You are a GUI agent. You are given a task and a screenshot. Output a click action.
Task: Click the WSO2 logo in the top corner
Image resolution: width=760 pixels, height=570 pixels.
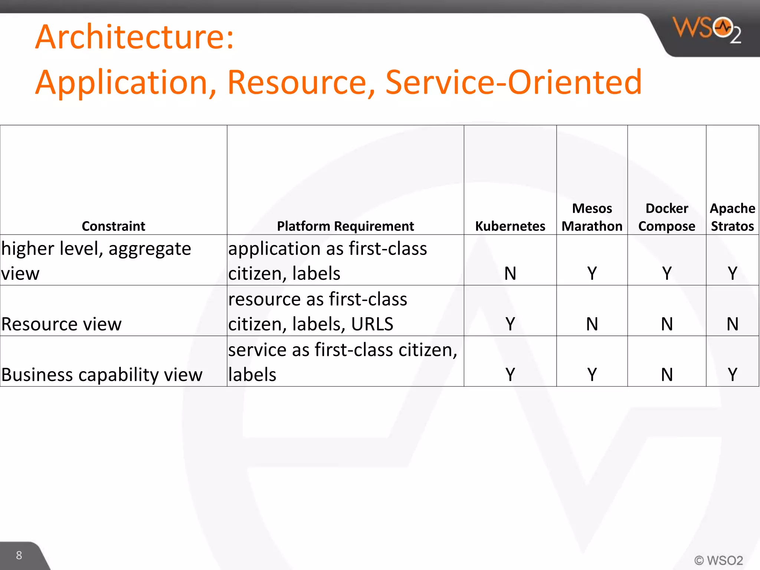pyautogui.click(x=707, y=29)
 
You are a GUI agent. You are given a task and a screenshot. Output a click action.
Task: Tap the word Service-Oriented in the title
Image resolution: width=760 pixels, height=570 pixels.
pyautogui.click(x=514, y=82)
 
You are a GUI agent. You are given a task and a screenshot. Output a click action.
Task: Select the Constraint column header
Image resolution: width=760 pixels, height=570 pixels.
pyautogui.click(x=113, y=226)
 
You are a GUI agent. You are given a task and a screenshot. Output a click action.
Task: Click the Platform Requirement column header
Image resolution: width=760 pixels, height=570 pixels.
pyautogui.click(x=345, y=226)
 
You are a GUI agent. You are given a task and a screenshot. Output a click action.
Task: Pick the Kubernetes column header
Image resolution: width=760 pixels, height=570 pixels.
pyautogui.click(x=510, y=226)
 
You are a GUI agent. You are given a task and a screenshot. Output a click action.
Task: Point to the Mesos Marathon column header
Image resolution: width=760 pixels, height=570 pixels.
pyautogui.click(x=592, y=217)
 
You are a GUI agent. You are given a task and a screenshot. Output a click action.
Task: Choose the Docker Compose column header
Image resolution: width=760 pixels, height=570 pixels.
pyautogui.click(x=666, y=217)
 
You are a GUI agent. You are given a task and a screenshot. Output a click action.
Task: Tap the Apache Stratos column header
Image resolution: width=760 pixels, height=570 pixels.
pyautogui.click(x=732, y=217)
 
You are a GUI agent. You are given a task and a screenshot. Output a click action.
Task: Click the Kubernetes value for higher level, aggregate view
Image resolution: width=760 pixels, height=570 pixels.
pyautogui.click(x=510, y=273)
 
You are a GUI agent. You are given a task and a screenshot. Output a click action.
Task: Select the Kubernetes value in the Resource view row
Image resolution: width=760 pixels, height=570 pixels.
pyautogui.click(x=510, y=324)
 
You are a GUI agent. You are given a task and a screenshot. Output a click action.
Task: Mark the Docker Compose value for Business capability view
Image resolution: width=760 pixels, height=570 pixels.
pyautogui.click(x=667, y=374)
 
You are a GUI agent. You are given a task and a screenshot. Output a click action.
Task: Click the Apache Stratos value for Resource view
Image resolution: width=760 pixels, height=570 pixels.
pyautogui.click(x=732, y=324)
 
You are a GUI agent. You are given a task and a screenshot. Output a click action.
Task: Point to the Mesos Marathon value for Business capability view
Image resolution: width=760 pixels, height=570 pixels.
pyautogui.click(x=592, y=374)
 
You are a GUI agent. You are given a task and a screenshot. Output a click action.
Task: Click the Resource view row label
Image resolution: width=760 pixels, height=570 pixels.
pyautogui.click(x=62, y=324)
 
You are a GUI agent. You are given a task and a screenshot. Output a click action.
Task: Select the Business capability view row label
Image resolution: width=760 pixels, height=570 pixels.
pyautogui.click(x=102, y=375)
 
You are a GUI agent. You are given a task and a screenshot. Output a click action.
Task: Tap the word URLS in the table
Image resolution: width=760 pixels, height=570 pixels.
pyautogui.click(x=372, y=324)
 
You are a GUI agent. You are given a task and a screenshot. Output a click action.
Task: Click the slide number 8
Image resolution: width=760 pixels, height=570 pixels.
pyautogui.click(x=19, y=555)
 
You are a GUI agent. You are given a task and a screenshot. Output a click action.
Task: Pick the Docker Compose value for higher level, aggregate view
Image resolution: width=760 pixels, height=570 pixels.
pyautogui.click(x=667, y=273)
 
